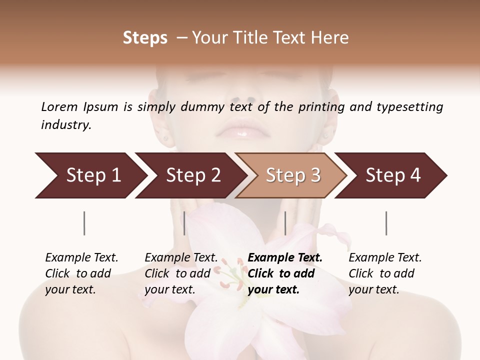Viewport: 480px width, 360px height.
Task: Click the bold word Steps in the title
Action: click(x=145, y=38)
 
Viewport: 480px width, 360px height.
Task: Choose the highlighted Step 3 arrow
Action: click(x=293, y=175)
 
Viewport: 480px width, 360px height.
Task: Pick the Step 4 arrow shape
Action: click(x=393, y=175)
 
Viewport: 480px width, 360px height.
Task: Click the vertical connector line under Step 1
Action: click(x=84, y=223)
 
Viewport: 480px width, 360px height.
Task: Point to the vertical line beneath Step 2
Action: click(x=184, y=223)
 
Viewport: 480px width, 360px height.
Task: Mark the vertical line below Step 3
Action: click(x=285, y=223)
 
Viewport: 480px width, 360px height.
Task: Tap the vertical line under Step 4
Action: click(x=386, y=223)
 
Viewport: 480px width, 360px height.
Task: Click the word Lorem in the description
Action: click(x=59, y=107)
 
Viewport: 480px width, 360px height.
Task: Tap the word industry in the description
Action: click(x=66, y=125)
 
